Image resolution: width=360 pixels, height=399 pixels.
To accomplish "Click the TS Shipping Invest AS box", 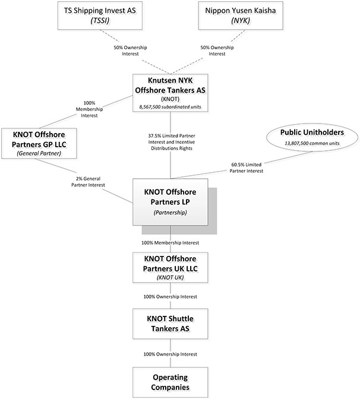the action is tap(100, 15).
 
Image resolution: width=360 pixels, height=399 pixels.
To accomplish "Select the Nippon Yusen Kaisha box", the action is tap(241, 15).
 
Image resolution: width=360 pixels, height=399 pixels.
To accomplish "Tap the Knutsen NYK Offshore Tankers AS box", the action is tap(170, 93).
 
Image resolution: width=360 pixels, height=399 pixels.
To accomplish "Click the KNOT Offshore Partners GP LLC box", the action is tap(39, 144).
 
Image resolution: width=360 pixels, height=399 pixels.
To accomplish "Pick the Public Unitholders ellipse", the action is tap(312, 138).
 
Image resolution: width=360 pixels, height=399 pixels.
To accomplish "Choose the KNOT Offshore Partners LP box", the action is tap(170, 202).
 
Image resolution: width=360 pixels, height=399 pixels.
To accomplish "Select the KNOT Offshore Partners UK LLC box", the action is tap(170, 267).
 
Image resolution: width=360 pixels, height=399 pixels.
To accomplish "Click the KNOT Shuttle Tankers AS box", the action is tap(170, 324).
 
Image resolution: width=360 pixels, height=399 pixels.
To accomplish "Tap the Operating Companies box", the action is tap(170, 382).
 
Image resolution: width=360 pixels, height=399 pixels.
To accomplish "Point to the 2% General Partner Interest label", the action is tap(88, 182).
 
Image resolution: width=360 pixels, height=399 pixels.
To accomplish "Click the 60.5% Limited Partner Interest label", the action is tap(247, 167).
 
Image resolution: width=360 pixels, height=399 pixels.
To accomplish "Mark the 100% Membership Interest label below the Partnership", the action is tap(170, 243).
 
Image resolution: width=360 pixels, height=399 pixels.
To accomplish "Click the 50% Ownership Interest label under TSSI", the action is tap(130, 50).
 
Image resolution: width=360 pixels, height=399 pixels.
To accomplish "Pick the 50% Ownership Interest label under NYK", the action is tap(217, 50).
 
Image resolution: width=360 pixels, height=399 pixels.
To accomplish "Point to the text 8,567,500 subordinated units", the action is tap(170, 107).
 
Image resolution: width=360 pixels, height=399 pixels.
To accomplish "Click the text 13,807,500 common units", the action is tap(312, 143).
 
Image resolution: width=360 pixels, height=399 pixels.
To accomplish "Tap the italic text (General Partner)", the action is tap(39, 153).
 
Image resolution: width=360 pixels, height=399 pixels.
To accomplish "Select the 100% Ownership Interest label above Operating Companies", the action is tap(170, 354).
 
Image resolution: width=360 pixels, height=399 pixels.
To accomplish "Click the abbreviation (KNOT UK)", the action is tap(170, 277).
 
